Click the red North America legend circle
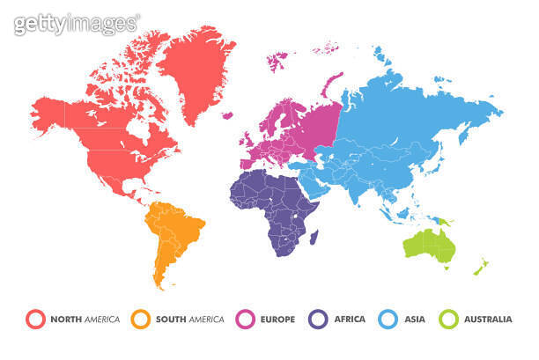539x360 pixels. (36, 319)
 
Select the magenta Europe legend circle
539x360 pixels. (246, 319)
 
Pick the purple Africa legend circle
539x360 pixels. (319, 319)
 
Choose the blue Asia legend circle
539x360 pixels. (388, 319)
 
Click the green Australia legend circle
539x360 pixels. (450, 319)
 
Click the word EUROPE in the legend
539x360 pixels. (278, 319)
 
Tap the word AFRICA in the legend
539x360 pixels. (350, 319)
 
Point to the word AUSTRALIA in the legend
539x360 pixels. (487, 319)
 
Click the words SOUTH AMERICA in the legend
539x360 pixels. (189, 319)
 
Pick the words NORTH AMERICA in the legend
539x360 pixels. (85, 319)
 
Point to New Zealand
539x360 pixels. (481, 265)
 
